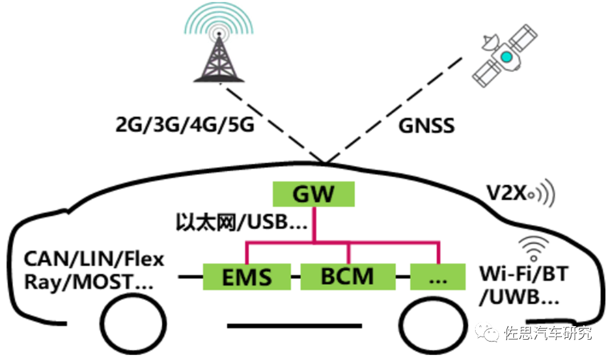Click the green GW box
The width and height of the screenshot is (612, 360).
point(314,194)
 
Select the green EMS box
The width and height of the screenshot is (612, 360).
point(247,276)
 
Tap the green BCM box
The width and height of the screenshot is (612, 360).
point(347,276)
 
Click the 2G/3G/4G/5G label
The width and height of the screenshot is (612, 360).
point(185,126)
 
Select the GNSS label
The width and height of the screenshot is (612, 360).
point(426,126)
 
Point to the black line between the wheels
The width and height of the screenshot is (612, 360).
point(295,325)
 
